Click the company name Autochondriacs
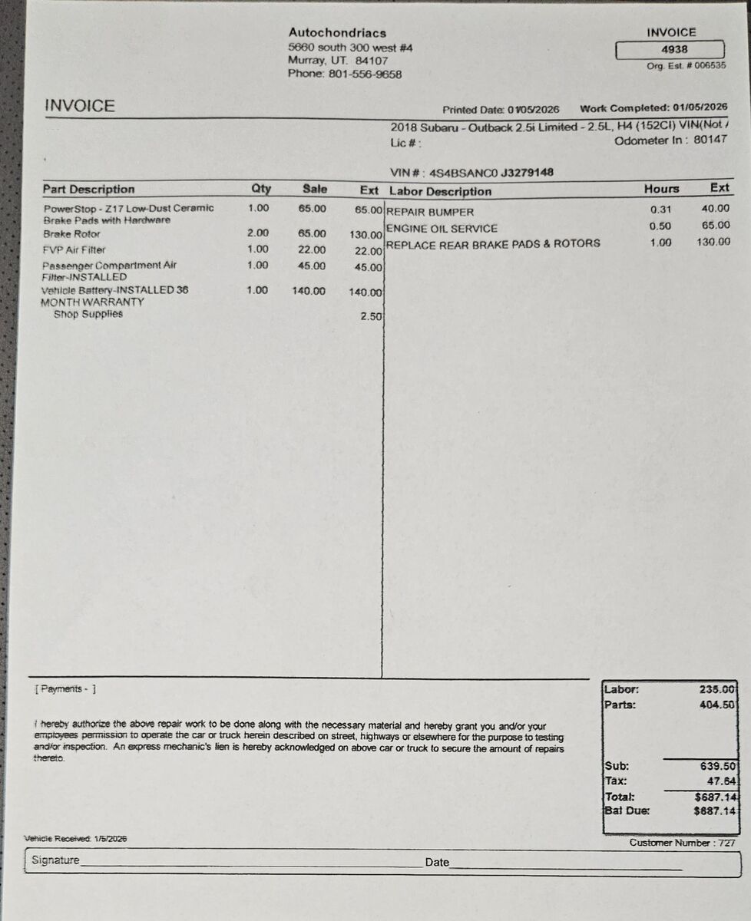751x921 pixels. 337,33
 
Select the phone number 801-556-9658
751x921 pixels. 365,74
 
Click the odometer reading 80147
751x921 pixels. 710,140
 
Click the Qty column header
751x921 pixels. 261,189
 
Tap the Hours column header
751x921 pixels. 661,189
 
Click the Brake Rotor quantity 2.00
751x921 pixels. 258,233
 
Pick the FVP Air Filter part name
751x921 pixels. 74,250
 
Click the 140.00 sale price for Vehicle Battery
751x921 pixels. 309,291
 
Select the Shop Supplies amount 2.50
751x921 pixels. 372,316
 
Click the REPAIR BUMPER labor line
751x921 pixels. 430,212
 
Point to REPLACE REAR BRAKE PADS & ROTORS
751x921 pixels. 493,244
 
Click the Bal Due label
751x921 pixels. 627,810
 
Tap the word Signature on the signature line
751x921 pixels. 55,860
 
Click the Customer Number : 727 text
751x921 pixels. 682,843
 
